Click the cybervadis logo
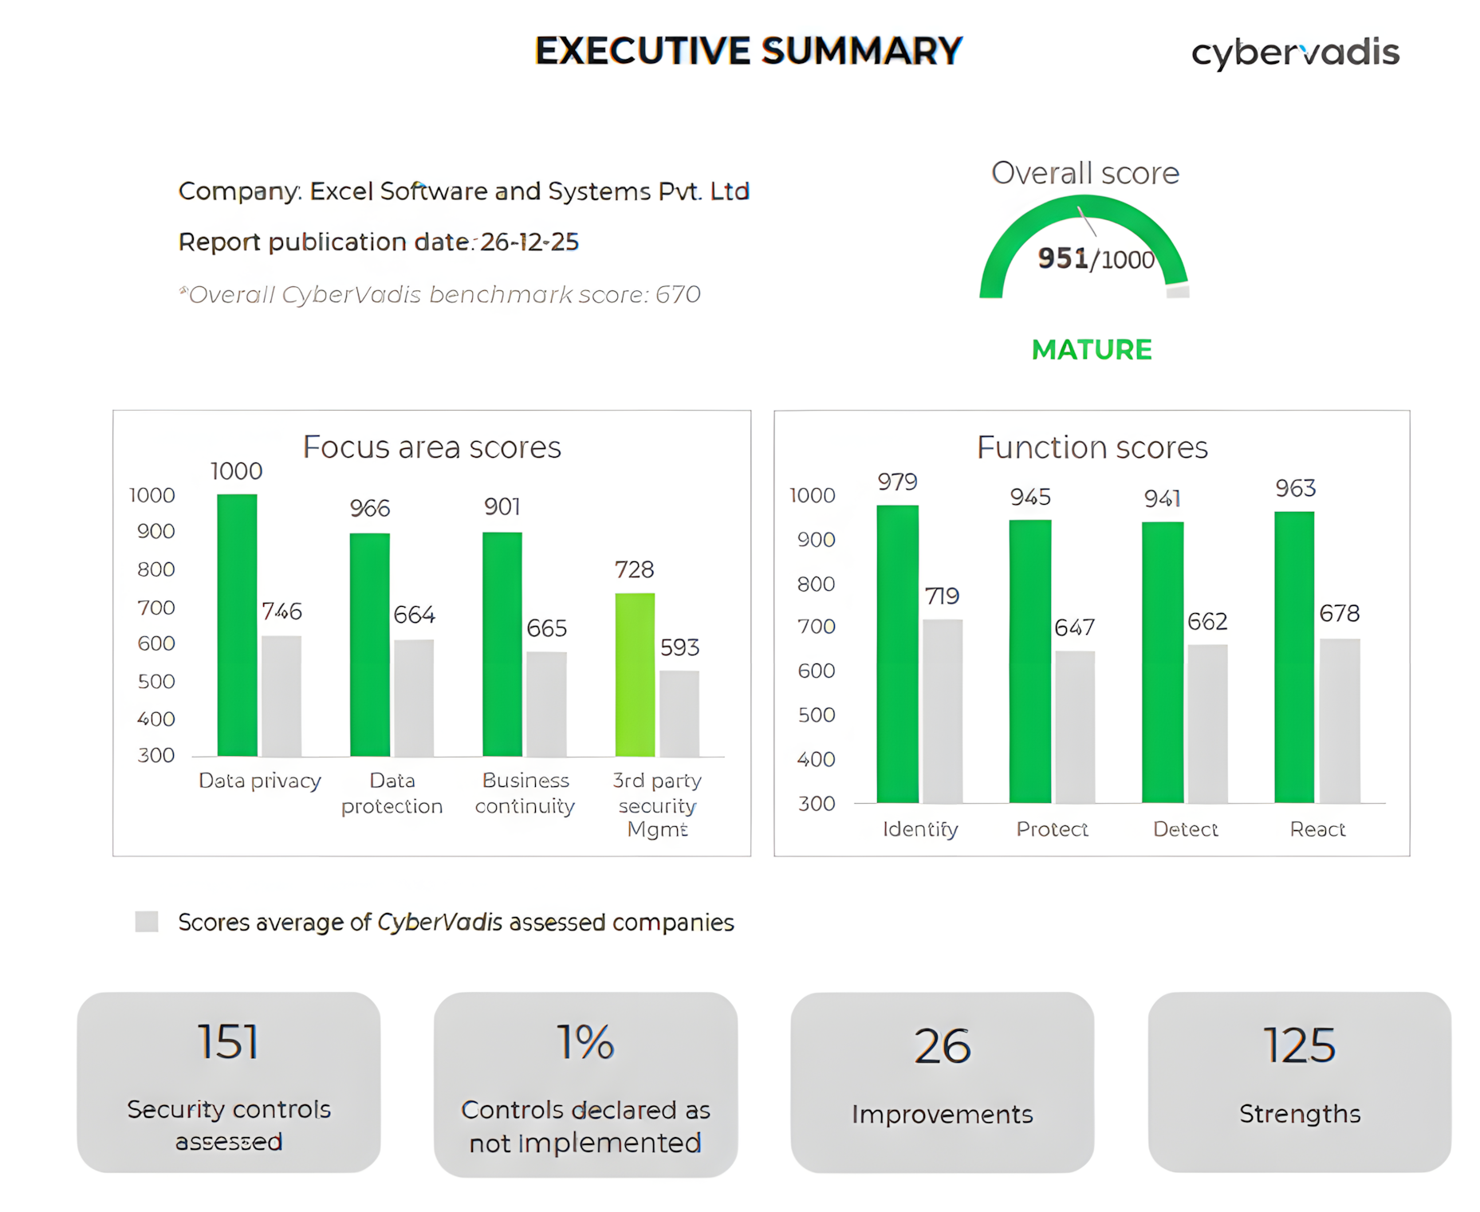1295,53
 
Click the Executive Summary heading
749,51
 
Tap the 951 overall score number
1063,258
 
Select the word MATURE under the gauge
1092,350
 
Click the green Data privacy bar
237,625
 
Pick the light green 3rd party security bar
635,675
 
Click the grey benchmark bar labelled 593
679,713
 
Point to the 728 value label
634,569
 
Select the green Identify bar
897,654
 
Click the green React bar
1294,657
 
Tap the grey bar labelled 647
1075,726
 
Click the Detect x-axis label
1185,829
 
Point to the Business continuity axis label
525,793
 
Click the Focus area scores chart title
431,447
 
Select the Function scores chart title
1092,447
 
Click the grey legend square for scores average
147,922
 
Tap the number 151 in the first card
228,1042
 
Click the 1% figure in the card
585,1042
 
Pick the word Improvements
942,1114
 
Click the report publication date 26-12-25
529,242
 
